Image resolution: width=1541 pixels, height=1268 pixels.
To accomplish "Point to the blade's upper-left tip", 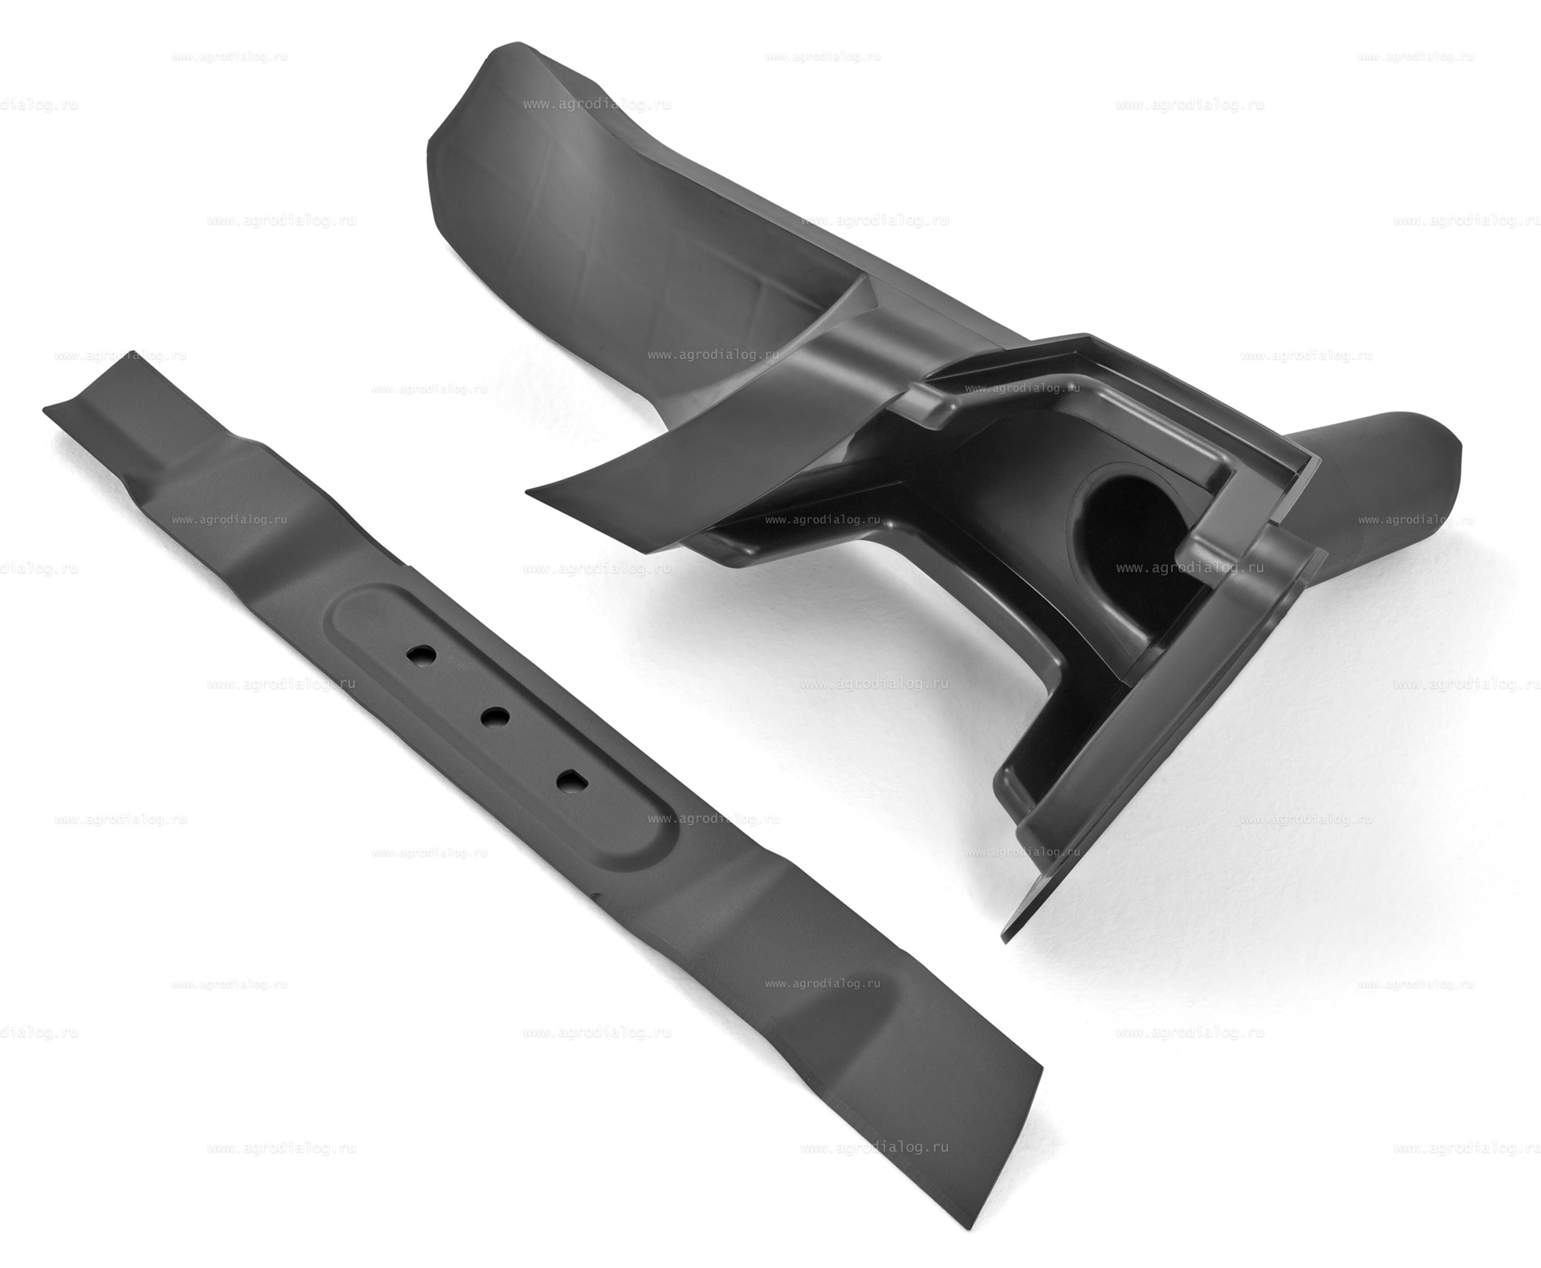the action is pos(44,408).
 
